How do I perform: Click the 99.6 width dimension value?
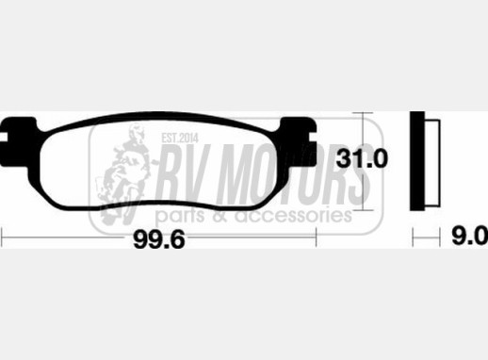click(x=159, y=239)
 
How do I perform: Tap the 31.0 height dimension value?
click(x=362, y=158)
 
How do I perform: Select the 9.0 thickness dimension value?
click(x=470, y=236)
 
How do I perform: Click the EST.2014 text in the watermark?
click(x=180, y=138)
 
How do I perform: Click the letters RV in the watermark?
click(x=185, y=175)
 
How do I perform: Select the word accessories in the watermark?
click(x=294, y=216)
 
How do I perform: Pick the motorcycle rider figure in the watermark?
click(x=125, y=173)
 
